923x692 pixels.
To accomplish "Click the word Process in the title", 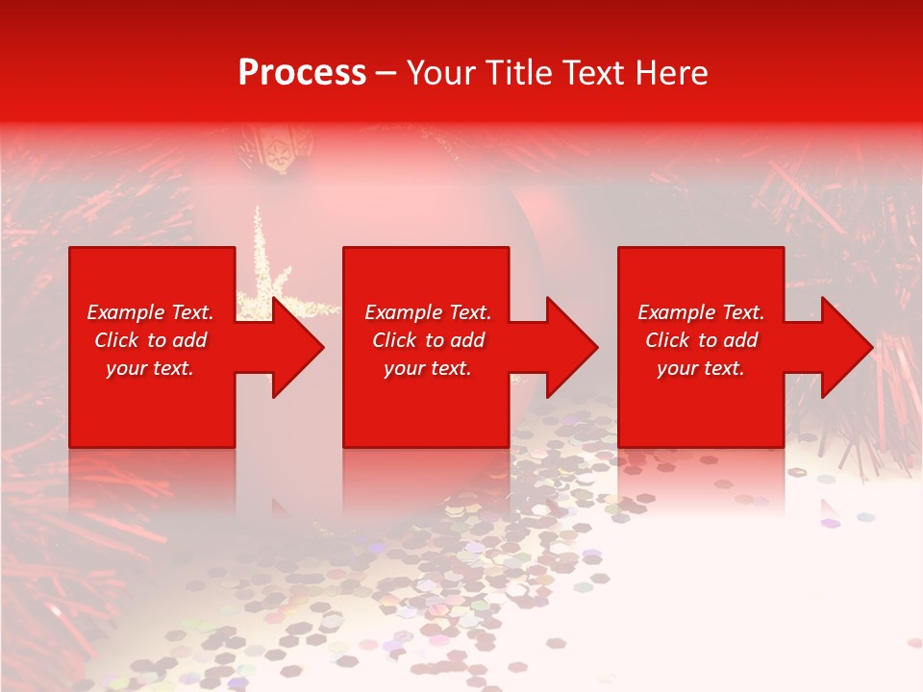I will point(302,73).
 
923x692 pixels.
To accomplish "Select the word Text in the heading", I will point(592,73).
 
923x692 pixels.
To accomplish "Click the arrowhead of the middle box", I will point(570,347).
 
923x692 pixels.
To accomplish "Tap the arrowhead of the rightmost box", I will point(845,347).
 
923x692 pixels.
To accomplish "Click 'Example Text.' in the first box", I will point(150,312).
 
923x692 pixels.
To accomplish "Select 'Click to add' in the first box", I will point(150,340).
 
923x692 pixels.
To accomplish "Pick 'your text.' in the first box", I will point(150,368).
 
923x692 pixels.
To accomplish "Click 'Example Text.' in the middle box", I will point(427,312).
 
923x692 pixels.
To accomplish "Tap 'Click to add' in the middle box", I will point(427,340).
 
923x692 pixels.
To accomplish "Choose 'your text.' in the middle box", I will point(427,368).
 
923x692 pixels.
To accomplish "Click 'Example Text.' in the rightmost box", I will point(701,312).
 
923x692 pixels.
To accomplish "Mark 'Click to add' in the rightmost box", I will point(701,340).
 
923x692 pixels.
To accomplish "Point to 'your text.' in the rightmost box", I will point(701,368).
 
